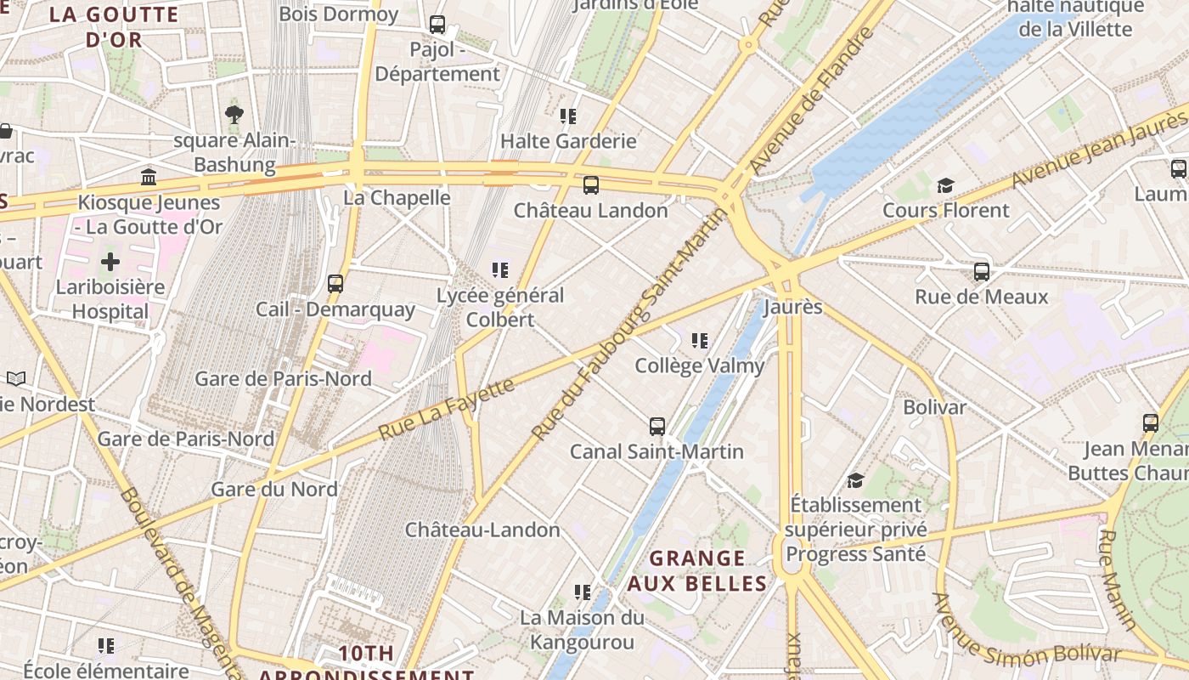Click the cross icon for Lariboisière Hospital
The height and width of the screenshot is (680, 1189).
point(110,262)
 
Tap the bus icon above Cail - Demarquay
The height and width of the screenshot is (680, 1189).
point(335,284)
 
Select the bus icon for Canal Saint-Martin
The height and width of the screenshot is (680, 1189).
point(656,427)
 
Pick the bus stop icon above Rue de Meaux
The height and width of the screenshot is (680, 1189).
point(982,272)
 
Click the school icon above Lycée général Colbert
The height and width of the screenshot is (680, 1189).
point(500,270)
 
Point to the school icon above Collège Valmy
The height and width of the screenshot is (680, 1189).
point(700,341)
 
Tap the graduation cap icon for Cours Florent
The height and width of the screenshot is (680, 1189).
point(945,185)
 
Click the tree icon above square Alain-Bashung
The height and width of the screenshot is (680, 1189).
point(234,114)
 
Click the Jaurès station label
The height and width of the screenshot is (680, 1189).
point(793,307)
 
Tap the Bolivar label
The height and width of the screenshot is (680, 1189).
point(934,407)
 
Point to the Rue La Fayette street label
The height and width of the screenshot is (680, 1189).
point(446,409)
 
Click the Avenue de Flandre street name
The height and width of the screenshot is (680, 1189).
point(812,98)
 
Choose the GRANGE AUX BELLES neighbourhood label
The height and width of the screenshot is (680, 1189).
point(697,571)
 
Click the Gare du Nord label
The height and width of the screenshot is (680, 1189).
point(273,490)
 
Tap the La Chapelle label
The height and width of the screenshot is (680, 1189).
point(397,197)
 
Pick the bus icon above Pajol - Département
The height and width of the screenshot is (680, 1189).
point(437,25)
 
